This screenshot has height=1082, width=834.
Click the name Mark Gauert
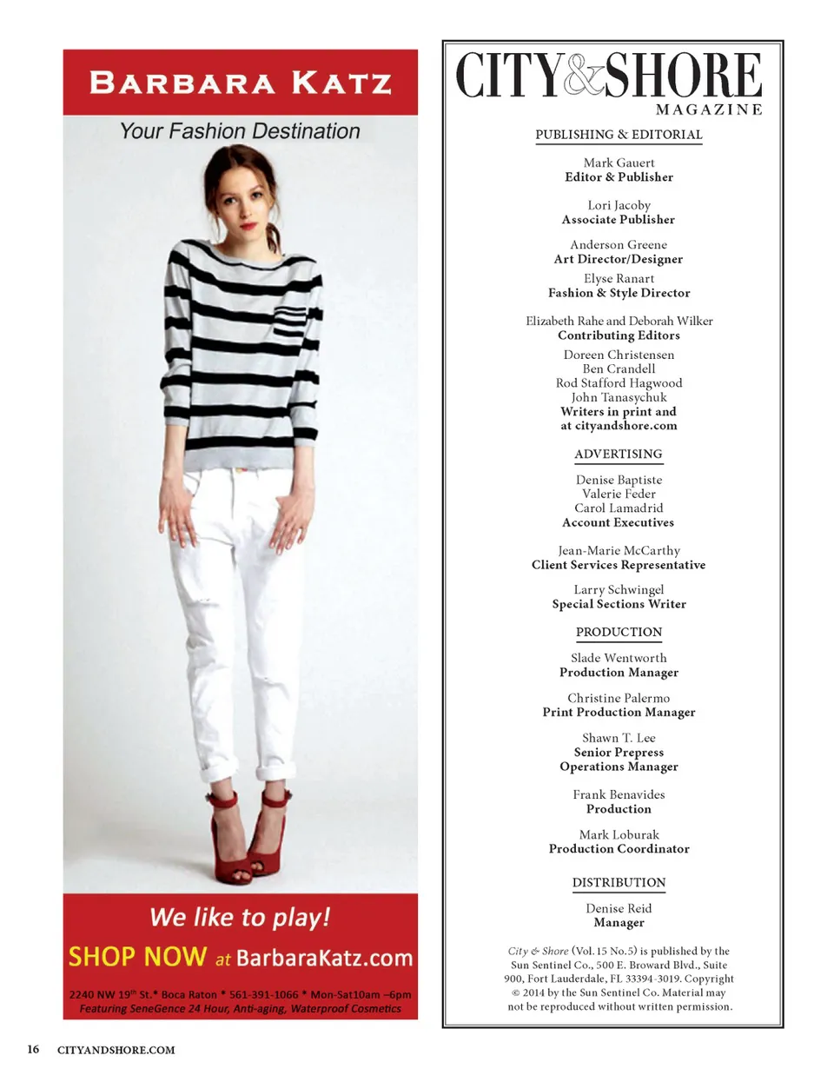click(x=619, y=163)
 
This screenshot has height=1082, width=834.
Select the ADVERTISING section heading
click(x=618, y=454)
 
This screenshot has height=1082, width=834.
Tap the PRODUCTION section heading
click(x=619, y=632)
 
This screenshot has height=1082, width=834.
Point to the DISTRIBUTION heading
click(x=619, y=882)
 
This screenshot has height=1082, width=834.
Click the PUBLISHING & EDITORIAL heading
click(x=619, y=135)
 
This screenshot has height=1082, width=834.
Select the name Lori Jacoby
click(x=619, y=205)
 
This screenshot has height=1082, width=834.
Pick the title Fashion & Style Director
click(x=619, y=293)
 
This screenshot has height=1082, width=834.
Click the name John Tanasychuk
click(x=619, y=397)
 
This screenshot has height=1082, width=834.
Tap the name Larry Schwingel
click(x=619, y=589)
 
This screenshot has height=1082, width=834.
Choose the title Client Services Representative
click(x=619, y=565)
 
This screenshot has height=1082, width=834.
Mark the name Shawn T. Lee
click(x=619, y=738)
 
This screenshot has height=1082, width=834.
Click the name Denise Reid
click(x=619, y=908)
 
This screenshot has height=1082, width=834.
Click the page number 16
click(x=33, y=1049)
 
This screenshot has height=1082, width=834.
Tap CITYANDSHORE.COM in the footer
click(x=116, y=1050)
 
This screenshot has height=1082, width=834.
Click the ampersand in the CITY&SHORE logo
click(x=584, y=76)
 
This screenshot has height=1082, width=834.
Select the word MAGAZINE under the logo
click(x=709, y=110)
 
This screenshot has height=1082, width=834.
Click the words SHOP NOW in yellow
click(x=137, y=957)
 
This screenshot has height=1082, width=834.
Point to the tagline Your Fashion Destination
click(x=240, y=131)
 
